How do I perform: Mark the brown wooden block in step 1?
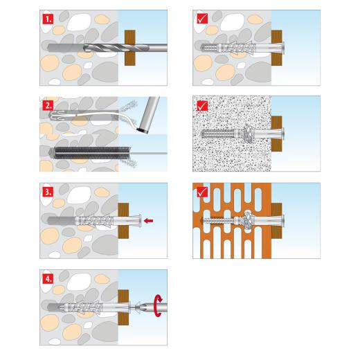click(129, 48)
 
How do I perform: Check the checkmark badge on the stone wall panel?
click(201, 19)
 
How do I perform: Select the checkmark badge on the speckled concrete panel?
click(201, 105)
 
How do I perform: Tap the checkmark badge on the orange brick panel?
click(201, 192)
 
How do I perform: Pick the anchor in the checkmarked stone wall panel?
click(235, 48)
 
